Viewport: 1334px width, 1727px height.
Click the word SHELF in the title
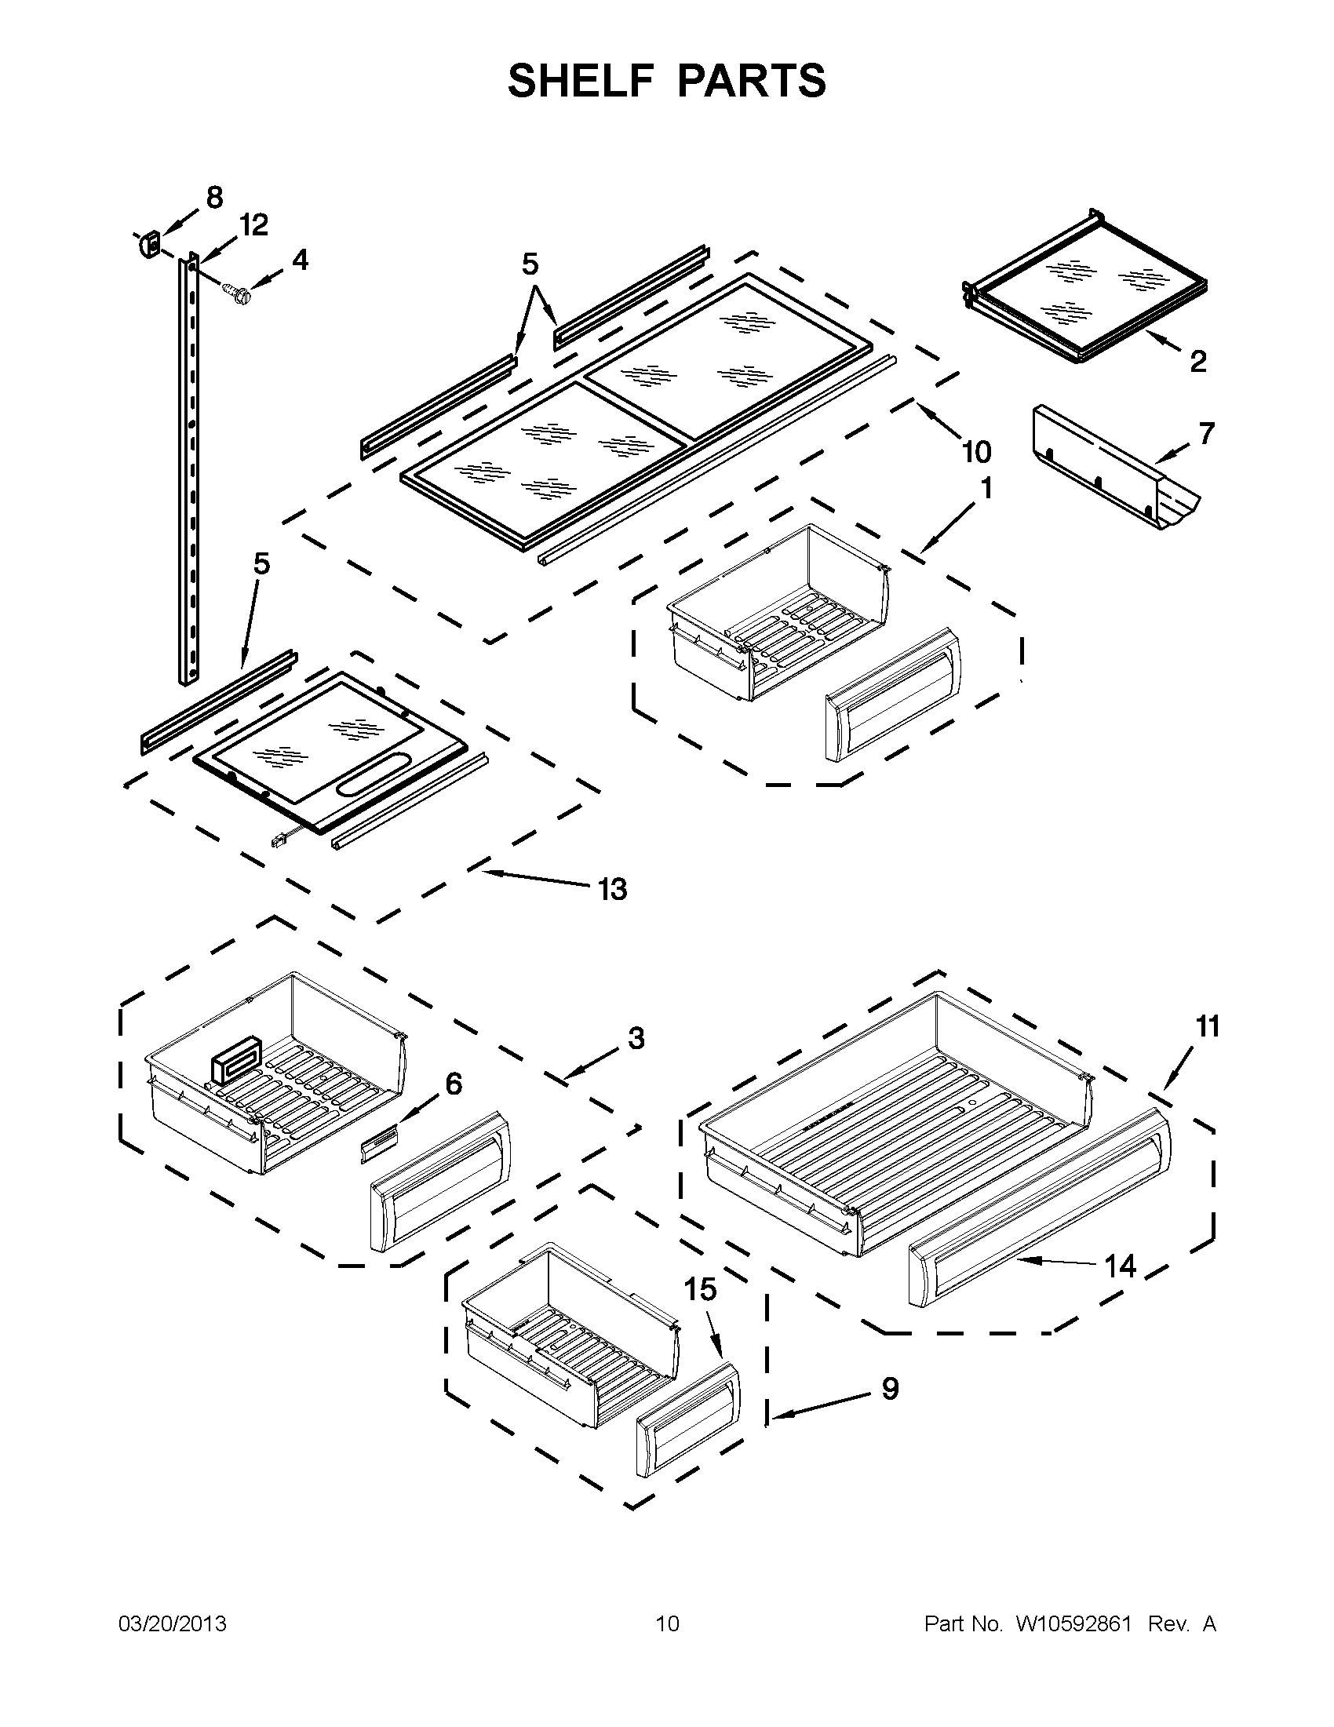(x=575, y=81)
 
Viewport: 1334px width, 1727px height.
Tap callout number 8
(x=214, y=197)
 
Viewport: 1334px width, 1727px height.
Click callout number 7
(x=1206, y=433)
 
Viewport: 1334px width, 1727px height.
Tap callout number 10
(x=977, y=452)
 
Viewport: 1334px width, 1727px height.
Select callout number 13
(x=612, y=890)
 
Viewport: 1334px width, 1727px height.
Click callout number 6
(x=454, y=1084)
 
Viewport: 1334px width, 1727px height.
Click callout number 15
(x=700, y=1290)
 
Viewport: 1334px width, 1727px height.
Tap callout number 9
(x=891, y=1390)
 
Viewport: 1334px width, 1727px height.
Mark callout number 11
(x=1207, y=1026)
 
